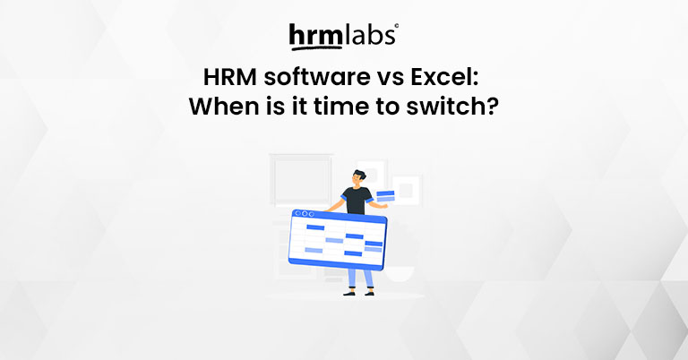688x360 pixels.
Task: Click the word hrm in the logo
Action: click(x=314, y=36)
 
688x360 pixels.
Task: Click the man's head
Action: click(x=357, y=178)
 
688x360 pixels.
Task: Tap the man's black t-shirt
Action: click(x=357, y=201)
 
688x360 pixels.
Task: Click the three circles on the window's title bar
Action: click(x=304, y=214)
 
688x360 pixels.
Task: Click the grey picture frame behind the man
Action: click(x=289, y=179)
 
